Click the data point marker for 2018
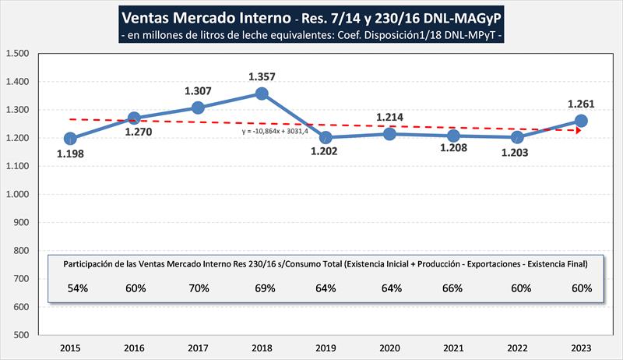coord(262,94)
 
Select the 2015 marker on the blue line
coord(71,139)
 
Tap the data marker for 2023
coord(580,121)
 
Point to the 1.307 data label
coord(198,91)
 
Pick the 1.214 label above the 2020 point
coord(390,118)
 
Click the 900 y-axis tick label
coord(21,223)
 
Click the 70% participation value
coord(198,288)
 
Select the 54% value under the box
coord(71,288)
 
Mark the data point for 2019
coord(326,138)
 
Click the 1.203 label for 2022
coord(516,153)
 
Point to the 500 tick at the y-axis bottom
coord(21,335)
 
